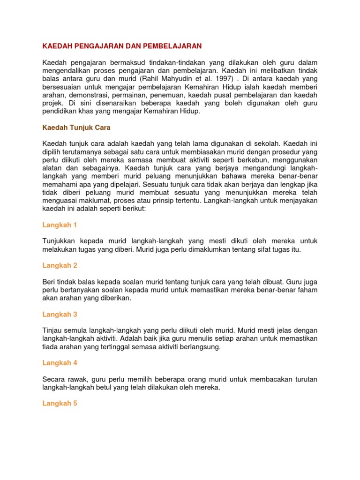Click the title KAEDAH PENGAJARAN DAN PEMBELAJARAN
tap(122, 46)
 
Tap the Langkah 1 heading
tap(60, 225)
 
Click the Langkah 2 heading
tap(60, 265)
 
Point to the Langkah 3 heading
tap(60, 314)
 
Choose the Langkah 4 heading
tap(60, 363)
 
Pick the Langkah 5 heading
tap(60, 403)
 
